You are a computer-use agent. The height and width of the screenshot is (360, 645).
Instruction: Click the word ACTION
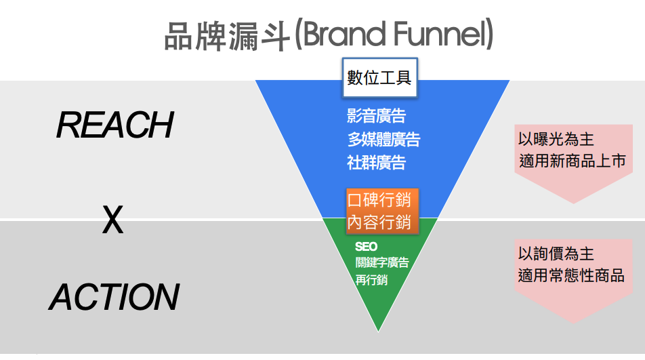pyautogui.click(x=114, y=297)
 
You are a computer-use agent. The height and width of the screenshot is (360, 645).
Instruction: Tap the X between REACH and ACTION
pyautogui.click(x=112, y=220)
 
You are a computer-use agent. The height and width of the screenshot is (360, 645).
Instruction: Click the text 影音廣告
pyautogui.click(x=376, y=117)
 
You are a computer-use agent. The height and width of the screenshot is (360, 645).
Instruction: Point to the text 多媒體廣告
pyautogui.click(x=383, y=140)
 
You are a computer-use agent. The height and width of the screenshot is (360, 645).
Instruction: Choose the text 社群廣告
pyautogui.click(x=376, y=162)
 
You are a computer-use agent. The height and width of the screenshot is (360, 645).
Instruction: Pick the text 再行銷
pyautogui.click(x=371, y=279)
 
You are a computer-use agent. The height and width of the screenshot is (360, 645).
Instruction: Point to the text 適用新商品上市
pyautogui.click(x=570, y=161)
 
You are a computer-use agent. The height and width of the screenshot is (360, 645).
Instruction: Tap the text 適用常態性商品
pyautogui.click(x=570, y=275)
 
